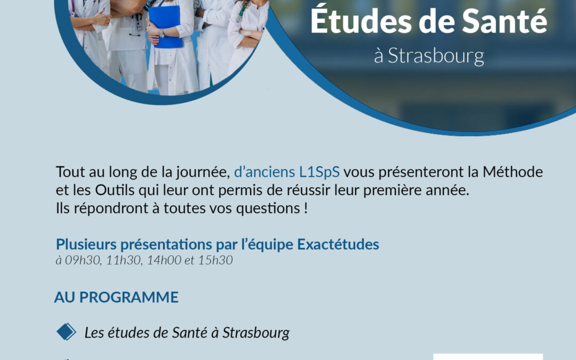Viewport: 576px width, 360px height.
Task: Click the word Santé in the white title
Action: pyautogui.click(x=505, y=21)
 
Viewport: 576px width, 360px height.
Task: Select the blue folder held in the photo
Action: pyautogui.click(x=165, y=27)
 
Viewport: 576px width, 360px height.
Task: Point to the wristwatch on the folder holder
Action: pyautogui.click(x=162, y=33)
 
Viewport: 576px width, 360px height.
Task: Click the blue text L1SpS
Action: pyautogui.click(x=319, y=172)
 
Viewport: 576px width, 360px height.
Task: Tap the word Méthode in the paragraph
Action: pyautogui.click(x=513, y=172)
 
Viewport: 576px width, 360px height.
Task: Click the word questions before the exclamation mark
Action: pyautogui.click(x=268, y=209)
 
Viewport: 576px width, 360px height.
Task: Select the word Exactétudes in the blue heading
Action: pyautogui.click(x=338, y=244)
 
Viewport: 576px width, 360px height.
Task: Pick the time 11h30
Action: pyautogui.click(x=124, y=260)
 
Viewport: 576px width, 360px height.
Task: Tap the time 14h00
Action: pyautogui.click(x=164, y=260)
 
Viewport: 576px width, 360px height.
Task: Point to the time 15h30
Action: pyautogui.click(x=215, y=260)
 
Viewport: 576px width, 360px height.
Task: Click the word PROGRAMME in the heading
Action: pyautogui.click(x=129, y=297)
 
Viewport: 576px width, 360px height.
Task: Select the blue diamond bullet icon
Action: pyautogui.click(x=66, y=332)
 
